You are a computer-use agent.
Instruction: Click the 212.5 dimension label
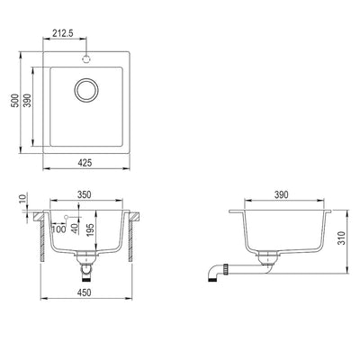coord(63,33)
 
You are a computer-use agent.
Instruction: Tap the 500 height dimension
coord(14,101)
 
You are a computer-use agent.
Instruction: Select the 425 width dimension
coord(85,163)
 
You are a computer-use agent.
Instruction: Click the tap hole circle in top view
coord(86,59)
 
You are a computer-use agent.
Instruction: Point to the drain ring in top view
coord(86,90)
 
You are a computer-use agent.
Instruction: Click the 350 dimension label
coord(85,194)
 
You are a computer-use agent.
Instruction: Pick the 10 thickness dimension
coord(23,198)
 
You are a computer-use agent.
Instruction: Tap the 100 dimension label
coord(58,229)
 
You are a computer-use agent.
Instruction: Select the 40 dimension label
coord(75,229)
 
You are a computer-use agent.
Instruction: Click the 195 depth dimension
coord(91,229)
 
